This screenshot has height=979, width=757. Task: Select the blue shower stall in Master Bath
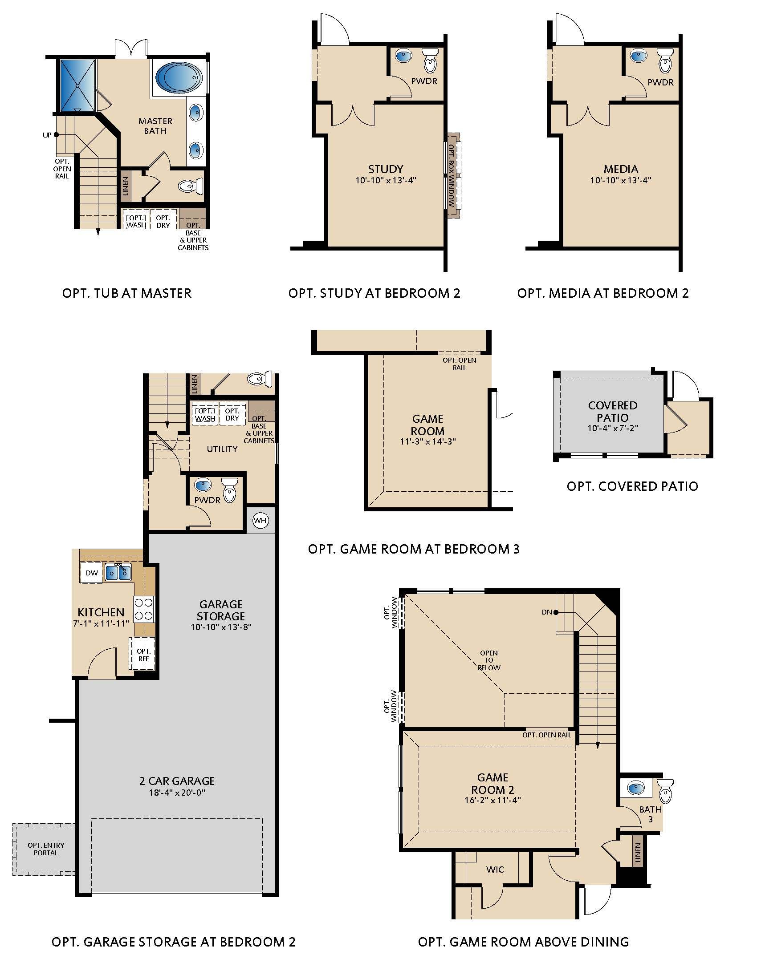[x=77, y=85]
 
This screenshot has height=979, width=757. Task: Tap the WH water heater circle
[x=260, y=521]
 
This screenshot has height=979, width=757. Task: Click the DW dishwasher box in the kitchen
[x=91, y=573]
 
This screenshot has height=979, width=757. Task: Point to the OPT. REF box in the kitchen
[x=143, y=655]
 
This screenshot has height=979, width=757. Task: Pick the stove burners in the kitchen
[x=144, y=609]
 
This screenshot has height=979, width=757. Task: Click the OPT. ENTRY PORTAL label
[x=46, y=849]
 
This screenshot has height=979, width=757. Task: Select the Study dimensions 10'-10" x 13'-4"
[x=386, y=180]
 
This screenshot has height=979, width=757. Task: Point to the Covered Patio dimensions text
[x=613, y=428]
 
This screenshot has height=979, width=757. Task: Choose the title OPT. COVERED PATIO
[x=632, y=486]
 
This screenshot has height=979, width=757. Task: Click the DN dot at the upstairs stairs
[x=556, y=612]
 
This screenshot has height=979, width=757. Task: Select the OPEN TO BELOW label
[x=488, y=660]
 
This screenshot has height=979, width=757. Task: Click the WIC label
[x=495, y=870]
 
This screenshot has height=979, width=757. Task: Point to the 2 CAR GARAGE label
[x=177, y=781]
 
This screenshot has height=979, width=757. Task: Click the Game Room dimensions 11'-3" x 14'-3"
[x=427, y=441]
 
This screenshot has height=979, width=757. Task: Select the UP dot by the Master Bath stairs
[x=56, y=134]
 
